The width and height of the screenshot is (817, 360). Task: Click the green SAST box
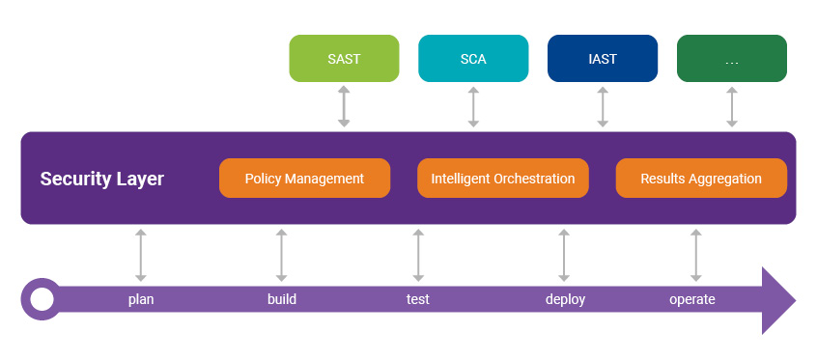(344, 59)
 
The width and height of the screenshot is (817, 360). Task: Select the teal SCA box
(473, 59)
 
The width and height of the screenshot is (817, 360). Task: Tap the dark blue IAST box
(603, 59)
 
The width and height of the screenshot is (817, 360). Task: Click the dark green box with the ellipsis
(731, 59)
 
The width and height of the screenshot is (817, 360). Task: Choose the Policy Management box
(304, 179)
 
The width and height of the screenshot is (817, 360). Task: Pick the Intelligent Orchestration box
(502, 179)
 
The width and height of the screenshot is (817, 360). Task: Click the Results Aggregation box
(701, 179)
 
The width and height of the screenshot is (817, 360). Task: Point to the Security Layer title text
(101, 180)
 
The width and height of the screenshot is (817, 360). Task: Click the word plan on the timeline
(141, 299)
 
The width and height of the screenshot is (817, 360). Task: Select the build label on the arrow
(281, 299)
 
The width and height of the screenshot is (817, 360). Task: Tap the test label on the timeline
(418, 299)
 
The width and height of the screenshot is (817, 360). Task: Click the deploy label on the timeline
(565, 299)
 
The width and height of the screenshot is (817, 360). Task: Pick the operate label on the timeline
(692, 299)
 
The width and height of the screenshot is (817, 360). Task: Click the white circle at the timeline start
(42, 299)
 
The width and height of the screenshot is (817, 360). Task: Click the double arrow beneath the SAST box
(344, 107)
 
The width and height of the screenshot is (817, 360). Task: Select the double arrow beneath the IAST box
(603, 107)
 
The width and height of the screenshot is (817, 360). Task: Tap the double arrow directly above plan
(141, 255)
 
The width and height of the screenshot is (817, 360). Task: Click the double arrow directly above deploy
(564, 255)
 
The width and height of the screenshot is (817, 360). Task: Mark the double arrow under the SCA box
(473, 107)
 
